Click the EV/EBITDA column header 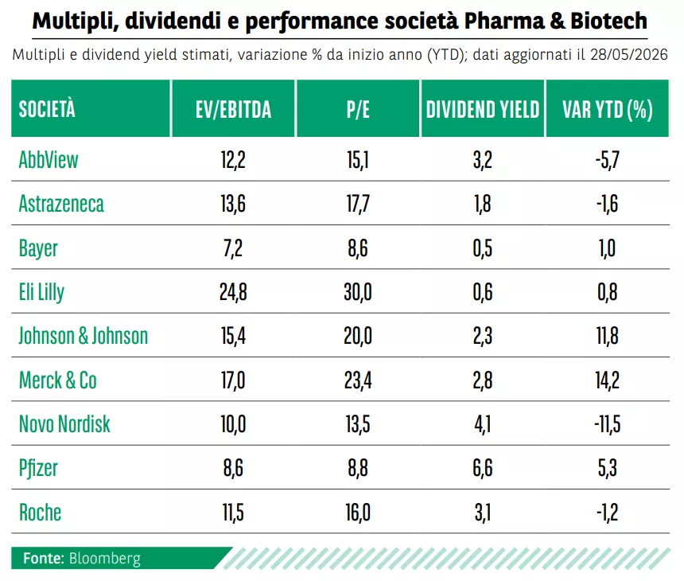(x=233, y=109)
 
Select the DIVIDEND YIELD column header (x=483, y=109)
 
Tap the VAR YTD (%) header (x=607, y=109)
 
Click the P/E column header (x=358, y=109)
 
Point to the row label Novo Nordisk (x=64, y=424)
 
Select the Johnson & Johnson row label (x=84, y=336)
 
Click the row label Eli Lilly (x=41, y=292)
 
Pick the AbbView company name (x=49, y=159)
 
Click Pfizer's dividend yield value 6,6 (x=483, y=468)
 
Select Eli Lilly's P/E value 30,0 (x=358, y=292)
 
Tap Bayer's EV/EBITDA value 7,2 (x=233, y=248)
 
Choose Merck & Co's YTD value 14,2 (x=607, y=380)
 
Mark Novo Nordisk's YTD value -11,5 (x=607, y=424)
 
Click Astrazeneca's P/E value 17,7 (x=358, y=204)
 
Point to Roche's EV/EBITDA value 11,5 (x=233, y=512)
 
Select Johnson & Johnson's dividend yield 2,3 (x=483, y=336)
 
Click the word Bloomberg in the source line (x=105, y=558)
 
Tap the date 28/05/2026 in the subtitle (x=629, y=55)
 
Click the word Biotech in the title (x=608, y=21)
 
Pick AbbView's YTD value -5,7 (x=607, y=159)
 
